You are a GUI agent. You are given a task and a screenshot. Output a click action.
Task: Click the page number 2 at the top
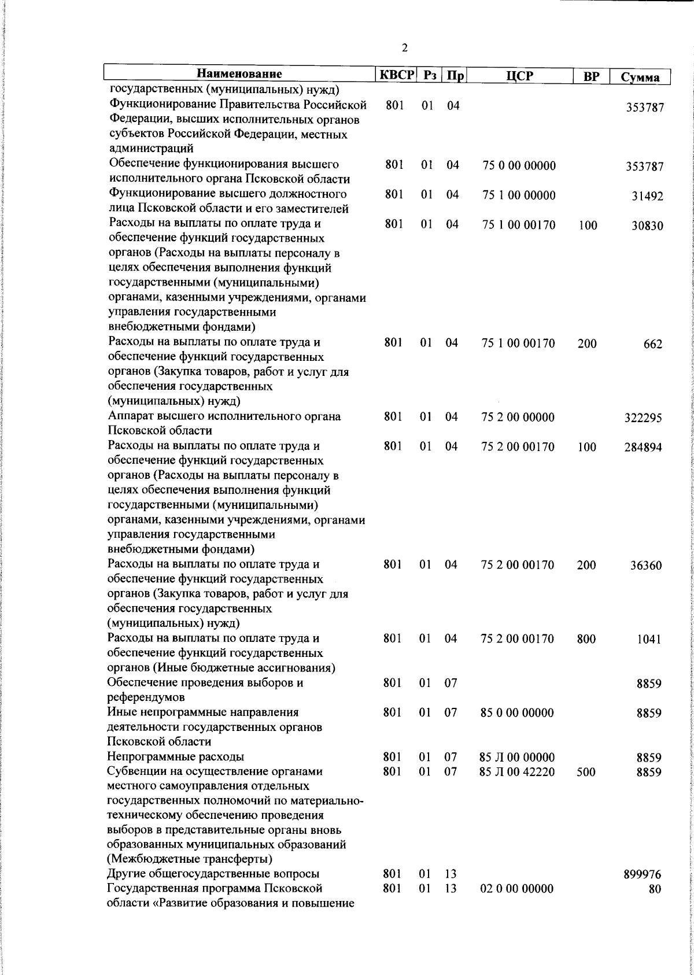pyautogui.click(x=404, y=48)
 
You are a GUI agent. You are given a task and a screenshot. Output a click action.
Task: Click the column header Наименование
pyautogui.click(x=239, y=75)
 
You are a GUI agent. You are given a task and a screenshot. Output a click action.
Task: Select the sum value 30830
pyautogui.click(x=648, y=226)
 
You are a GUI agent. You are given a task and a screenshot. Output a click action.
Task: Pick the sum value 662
pyautogui.click(x=652, y=345)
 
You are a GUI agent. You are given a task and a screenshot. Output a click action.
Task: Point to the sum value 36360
pyautogui.click(x=646, y=566)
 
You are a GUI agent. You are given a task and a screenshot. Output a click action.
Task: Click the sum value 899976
pyautogui.click(x=643, y=892)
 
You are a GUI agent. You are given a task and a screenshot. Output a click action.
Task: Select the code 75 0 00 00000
pyautogui.click(x=519, y=167)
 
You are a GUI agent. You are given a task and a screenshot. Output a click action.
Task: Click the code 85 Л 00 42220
pyautogui.click(x=517, y=772)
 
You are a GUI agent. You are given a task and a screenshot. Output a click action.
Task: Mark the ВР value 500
pyautogui.click(x=586, y=772)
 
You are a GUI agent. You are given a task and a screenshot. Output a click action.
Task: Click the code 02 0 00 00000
pyautogui.click(x=517, y=905)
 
